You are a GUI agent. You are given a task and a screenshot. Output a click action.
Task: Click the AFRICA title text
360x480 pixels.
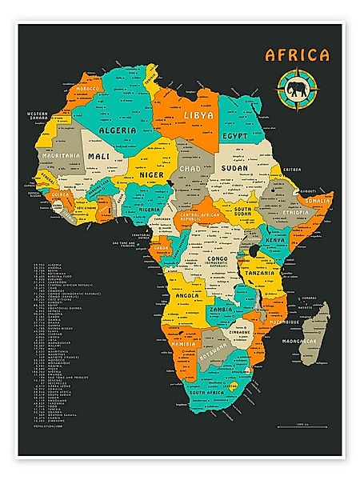click(297, 55)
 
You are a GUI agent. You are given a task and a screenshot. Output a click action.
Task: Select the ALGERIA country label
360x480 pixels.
click(116, 128)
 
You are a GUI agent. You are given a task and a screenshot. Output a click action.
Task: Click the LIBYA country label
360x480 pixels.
click(199, 115)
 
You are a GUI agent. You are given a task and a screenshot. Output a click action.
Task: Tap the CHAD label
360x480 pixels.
click(190, 170)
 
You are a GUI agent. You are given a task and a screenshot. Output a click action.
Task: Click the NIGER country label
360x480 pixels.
click(151, 174)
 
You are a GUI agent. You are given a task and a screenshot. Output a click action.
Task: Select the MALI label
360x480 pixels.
click(99, 156)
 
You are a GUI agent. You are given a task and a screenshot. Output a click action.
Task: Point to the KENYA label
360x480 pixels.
click(275, 240)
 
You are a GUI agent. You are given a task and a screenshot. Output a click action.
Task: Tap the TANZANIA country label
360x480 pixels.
click(262, 273)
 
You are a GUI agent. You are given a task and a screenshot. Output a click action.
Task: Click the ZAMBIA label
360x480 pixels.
click(221, 309)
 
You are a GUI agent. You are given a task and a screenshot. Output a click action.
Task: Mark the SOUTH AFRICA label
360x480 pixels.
click(212, 394)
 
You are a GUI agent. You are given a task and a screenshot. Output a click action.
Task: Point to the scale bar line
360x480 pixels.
click(302, 428)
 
